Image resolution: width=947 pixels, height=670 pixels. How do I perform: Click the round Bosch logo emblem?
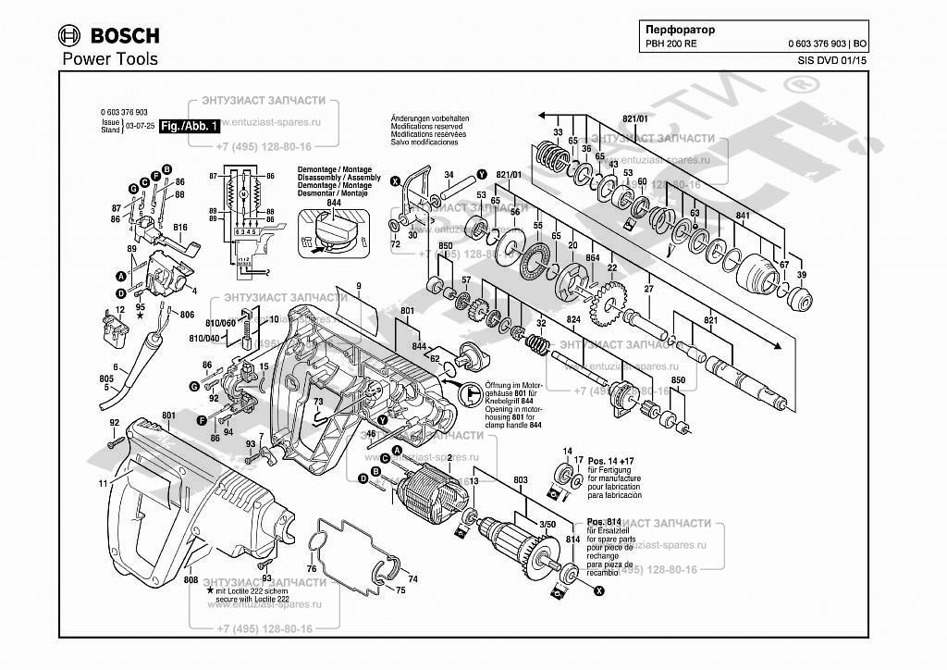tap(69, 36)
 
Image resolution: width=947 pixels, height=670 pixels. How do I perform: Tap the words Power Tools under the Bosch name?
tap(109, 59)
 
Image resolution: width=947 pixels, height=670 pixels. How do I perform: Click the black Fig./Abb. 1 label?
tap(189, 126)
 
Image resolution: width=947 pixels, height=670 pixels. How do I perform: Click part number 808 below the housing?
tap(191, 579)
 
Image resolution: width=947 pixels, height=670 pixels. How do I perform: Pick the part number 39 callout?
tap(802, 275)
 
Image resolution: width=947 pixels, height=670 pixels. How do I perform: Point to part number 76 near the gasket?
tap(312, 568)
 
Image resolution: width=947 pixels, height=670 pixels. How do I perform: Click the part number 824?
tap(573, 320)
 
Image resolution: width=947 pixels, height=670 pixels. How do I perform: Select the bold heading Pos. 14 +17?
tap(610, 460)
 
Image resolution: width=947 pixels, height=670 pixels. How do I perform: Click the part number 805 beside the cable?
tap(107, 378)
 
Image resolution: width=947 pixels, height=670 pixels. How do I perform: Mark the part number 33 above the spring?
tap(558, 133)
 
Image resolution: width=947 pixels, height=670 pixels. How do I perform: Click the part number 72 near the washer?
tap(395, 244)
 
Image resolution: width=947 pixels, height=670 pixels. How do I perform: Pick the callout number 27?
tap(649, 290)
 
